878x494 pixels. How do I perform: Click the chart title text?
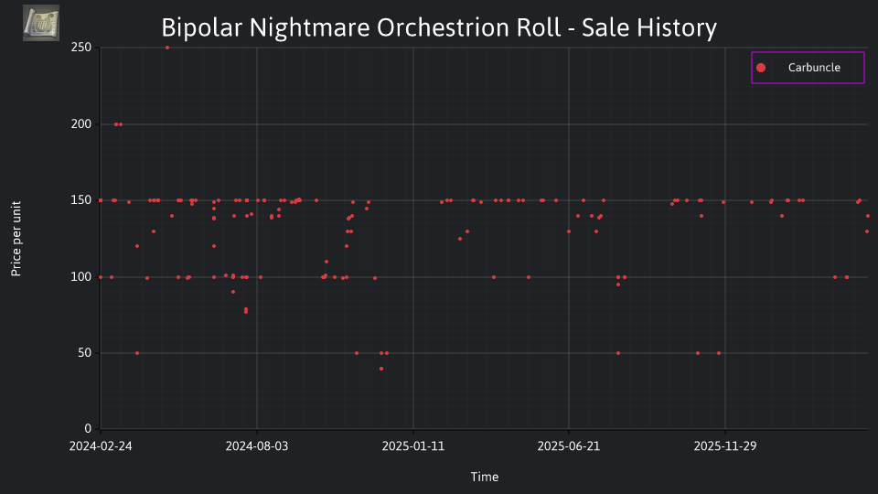point(439,27)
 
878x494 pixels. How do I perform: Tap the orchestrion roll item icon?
point(41,23)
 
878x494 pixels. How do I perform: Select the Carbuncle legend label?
point(814,68)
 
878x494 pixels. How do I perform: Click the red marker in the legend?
point(761,68)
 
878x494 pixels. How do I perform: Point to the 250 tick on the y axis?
point(81,48)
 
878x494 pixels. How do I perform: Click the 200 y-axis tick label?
point(81,124)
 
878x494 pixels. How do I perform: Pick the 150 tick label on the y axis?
point(81,200)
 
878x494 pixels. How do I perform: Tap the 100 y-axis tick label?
point(81,276)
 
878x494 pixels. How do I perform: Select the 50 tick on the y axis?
point(84,353)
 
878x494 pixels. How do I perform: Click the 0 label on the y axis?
point(88,429)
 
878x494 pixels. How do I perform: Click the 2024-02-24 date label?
point(101,446)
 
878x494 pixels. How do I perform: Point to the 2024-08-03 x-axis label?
point(257,446)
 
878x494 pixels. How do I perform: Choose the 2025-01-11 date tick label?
point(413,446)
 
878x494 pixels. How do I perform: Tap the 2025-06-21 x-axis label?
point(569,446)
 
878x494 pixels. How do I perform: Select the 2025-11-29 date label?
point(725,446)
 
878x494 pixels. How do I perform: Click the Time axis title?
point(485,478)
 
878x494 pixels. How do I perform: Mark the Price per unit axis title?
point(16,239)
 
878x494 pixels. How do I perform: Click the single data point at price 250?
point(167,48)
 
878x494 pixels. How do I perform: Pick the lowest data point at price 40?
point(381,369)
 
